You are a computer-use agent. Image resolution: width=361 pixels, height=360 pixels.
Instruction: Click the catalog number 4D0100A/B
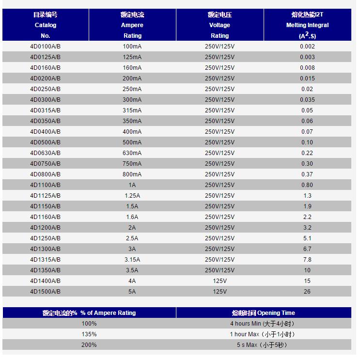tap(45, 47)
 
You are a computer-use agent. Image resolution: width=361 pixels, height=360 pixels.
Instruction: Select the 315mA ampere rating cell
tap(132, 110)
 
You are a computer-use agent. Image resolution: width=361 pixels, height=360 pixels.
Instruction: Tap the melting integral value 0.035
tap(307, 100)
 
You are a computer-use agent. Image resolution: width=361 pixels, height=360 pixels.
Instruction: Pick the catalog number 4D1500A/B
tap(45, 292)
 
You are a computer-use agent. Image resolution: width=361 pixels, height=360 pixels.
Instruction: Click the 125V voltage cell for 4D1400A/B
tap(220, 281)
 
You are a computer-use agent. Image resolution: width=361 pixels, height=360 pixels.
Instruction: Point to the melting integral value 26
tap(307, 292)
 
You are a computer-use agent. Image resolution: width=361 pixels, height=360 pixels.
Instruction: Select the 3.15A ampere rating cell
tap(132, 260)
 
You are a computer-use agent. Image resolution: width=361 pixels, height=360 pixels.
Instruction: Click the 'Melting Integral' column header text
tap(307, 25)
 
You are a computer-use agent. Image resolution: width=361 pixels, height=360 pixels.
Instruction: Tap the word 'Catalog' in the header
tap(46, 25)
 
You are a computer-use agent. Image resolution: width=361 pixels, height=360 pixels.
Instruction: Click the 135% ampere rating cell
tap(89, 334)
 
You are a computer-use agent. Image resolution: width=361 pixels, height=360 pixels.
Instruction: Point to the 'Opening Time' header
tap(263, 313)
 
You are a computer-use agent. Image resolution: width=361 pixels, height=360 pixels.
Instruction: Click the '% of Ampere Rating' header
tap(89, 313)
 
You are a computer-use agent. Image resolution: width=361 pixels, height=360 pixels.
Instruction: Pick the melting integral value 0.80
tap(307, 185)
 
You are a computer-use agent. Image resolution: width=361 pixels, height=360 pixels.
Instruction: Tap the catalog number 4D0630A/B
tap(45, 153)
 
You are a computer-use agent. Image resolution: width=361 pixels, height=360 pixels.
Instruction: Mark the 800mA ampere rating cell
tap(132, 174)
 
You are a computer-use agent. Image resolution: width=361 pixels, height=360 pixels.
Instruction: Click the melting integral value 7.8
tap(307, 260)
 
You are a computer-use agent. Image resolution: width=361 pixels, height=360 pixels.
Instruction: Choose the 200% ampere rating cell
tap(89, 345)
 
